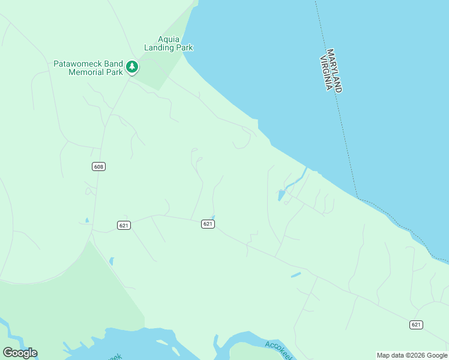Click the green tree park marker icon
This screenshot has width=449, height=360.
[x=132, y=67]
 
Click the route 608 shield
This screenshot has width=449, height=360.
[x=99, y=166]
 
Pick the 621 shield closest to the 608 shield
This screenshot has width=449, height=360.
[x=124, y=225]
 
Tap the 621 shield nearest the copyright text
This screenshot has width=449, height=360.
[x=416, y=325]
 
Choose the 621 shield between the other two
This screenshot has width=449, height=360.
[x=208, y=224]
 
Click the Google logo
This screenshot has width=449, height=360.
[x=20, y=353]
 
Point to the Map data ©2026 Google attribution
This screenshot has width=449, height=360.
[x=412, y=355]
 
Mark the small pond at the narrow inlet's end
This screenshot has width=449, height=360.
[x=281, y=195]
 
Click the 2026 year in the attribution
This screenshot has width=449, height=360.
[x=416, y=355]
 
